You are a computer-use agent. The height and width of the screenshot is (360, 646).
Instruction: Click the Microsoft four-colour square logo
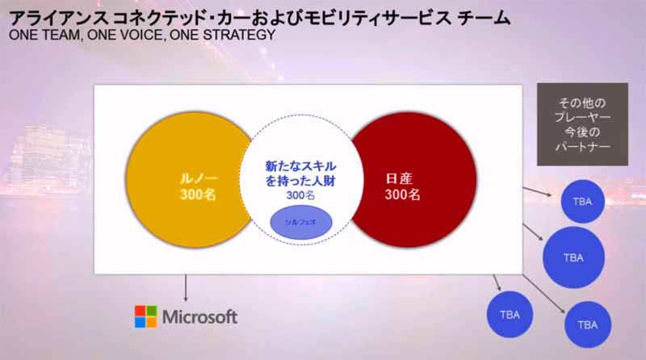tap(146, 316)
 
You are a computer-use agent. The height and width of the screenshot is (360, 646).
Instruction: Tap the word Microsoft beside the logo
tap(199, 316)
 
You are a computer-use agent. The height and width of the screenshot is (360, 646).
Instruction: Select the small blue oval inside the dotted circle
tap(300, 222)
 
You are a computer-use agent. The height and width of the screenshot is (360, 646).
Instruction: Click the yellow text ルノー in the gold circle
tap(199, 178)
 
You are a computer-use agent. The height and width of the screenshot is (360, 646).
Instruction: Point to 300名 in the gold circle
tap(198, 195)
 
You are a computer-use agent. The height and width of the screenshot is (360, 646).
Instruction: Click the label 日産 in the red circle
tap(399, 178)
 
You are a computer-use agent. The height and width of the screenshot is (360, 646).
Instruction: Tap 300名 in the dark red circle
tap(402, 195)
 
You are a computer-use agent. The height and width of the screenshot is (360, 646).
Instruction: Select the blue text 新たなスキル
tap(300, 166)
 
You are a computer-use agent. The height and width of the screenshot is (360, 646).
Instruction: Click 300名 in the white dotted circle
tap(300, 195)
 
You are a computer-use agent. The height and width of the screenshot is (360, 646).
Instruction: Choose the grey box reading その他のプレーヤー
tap(582, 124)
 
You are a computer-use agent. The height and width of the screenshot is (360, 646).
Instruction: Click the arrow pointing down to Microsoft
tap(186, 288)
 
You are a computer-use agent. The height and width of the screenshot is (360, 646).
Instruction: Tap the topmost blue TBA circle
tap(582, 202)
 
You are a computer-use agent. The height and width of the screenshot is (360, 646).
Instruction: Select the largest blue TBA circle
tap(573, 257)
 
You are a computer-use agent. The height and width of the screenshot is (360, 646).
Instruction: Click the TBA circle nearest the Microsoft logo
tap(510, 315)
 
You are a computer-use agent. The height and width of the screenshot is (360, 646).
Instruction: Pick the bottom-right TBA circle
tap(588, 324)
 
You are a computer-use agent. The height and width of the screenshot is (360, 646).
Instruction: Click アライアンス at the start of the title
tap(58, 18)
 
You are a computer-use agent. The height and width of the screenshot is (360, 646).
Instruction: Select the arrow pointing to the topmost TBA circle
tap(537, 191)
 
